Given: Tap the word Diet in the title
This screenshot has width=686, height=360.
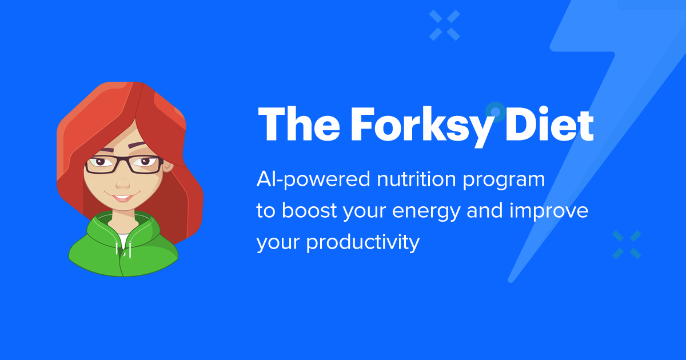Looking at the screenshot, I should pos(550,124).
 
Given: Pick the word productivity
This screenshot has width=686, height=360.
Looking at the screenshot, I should pos(364,243).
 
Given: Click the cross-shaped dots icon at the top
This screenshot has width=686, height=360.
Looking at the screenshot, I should pos(445,26).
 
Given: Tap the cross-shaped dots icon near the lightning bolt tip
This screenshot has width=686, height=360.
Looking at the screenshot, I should pos(627,245).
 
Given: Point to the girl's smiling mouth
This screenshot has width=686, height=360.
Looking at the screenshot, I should pos(121,198).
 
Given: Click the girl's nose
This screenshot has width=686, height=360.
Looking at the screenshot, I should pos(122,184).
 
